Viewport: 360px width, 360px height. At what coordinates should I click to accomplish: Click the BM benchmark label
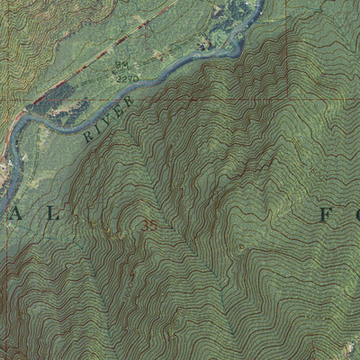click(x=119, y=66)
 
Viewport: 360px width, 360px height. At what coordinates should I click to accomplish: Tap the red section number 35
click(x=149, y=227)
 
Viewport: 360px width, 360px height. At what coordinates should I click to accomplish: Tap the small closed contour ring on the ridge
click(x=240, y=244)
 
